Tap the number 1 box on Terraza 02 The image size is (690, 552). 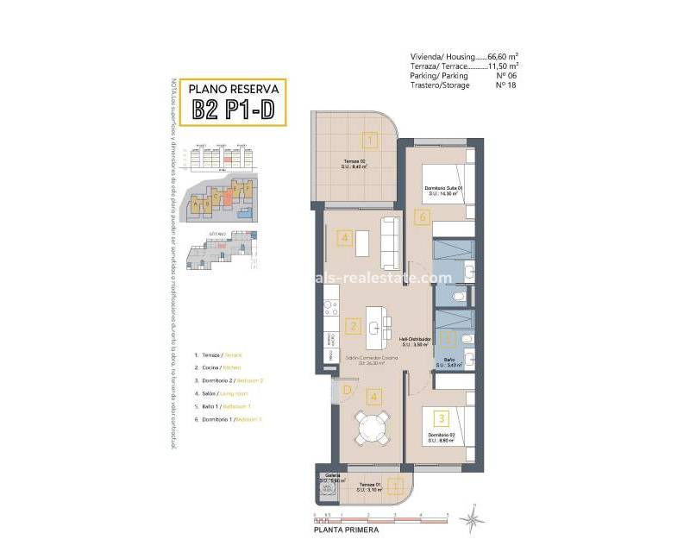point(369,141)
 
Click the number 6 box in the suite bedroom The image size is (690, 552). point(421,218)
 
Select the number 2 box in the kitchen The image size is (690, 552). point(352,326)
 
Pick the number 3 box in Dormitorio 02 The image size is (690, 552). point(441,418)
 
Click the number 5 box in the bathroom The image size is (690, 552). point(446,339)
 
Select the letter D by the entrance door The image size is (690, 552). point(346,390)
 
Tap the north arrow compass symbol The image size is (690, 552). point(472,518)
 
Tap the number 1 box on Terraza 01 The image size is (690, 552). point(395,486)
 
